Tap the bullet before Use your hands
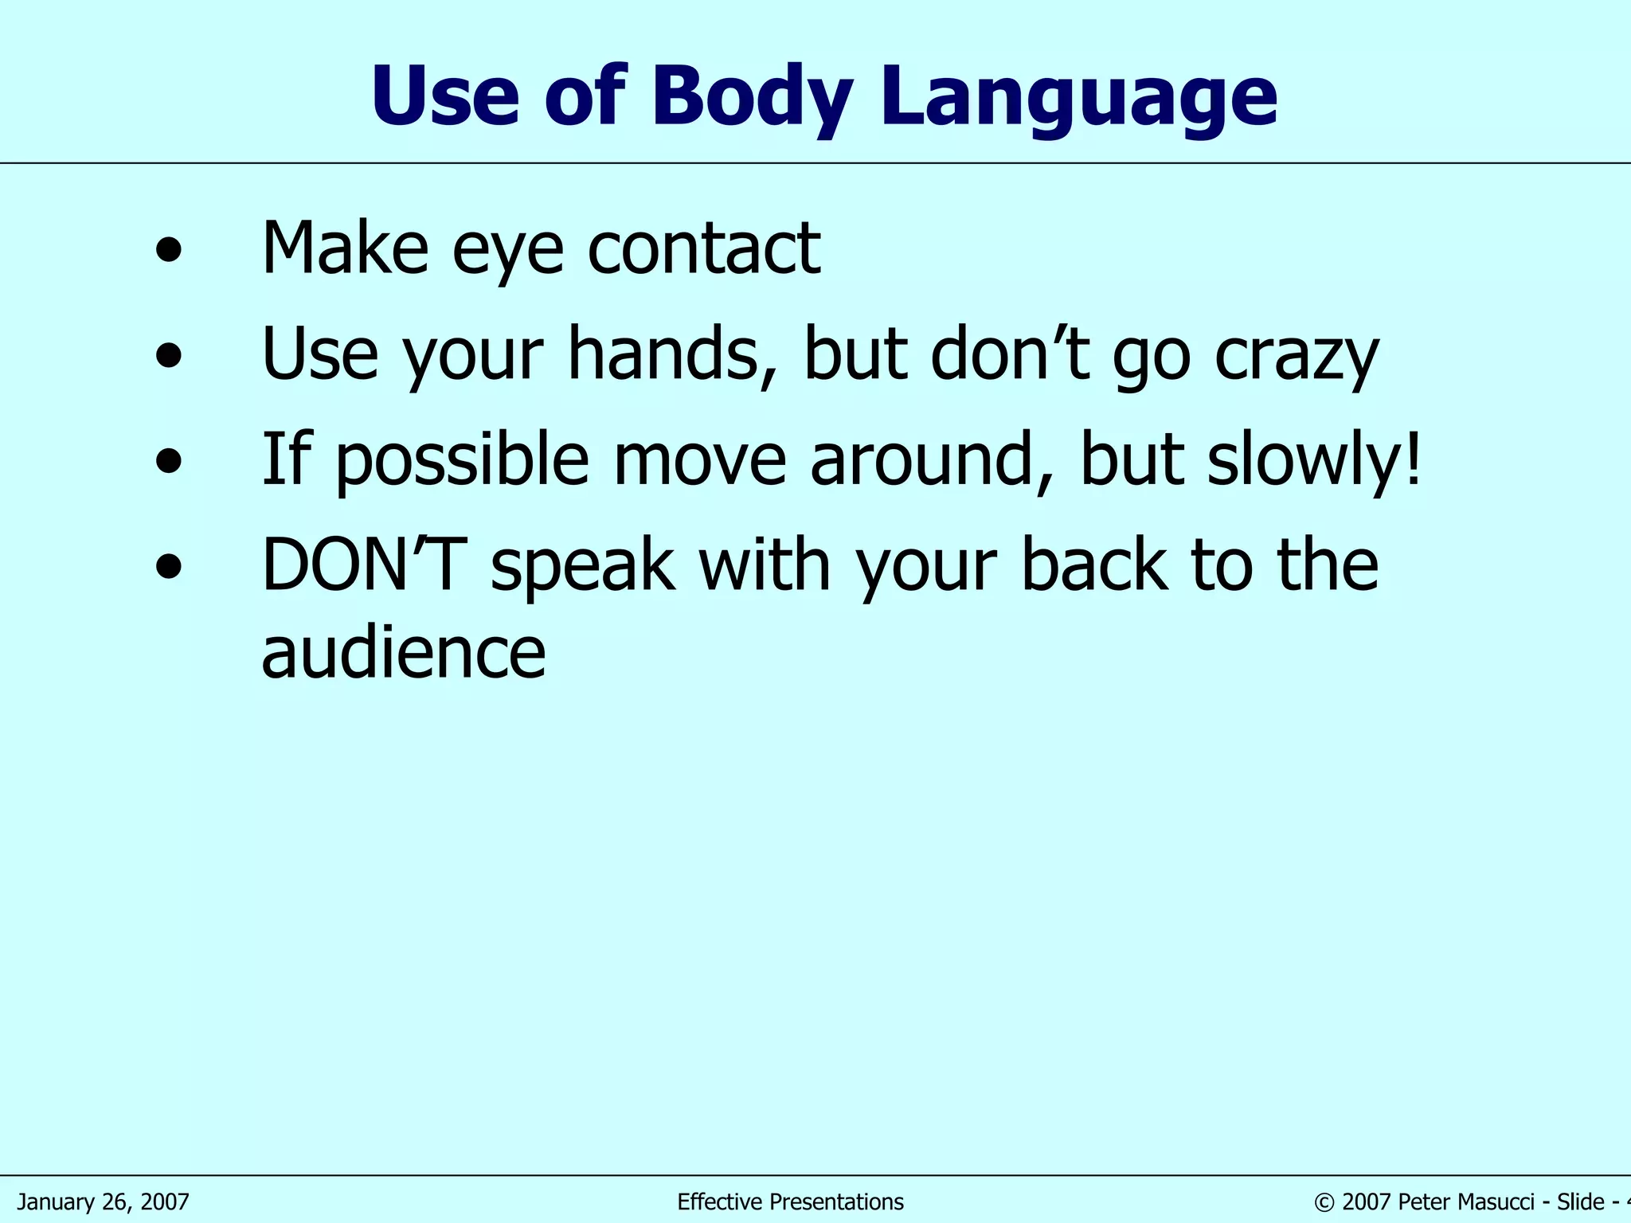click(x=169, y=355)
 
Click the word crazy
click(x=1296, y=357)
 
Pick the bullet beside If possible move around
click(x=169, y=461)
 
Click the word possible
click(x=462, y=462)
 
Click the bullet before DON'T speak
click(x=169, y=567)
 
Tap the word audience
click(x=404, y=653)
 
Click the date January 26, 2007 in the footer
click(x=104, y=1202)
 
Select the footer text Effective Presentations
click(x=790, y=1202)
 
